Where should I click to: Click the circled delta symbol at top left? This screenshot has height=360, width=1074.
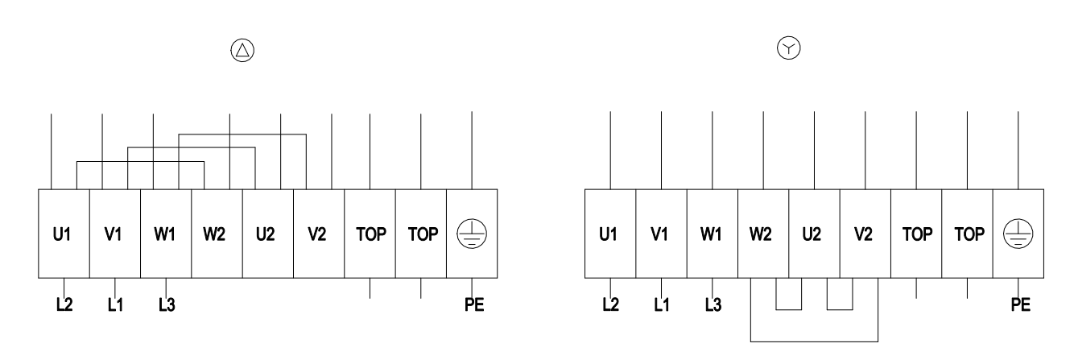click(x=242, y=50)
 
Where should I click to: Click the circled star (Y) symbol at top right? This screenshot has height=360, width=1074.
click(x=789, y=48)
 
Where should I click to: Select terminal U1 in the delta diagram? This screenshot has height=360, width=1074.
click(x=64, y=234)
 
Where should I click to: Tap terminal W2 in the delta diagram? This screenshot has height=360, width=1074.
click(x=217, y=234)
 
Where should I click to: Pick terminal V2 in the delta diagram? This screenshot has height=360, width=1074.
click(x=319, y=234)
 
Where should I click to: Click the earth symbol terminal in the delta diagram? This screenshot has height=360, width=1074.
click(x=472, y=234)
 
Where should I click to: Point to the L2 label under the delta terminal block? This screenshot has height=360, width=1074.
click(x=64, y=304)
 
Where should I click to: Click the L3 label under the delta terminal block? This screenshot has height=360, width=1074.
click(x=167, y=304)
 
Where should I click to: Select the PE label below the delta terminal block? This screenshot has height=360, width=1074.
click(x=474, y=304)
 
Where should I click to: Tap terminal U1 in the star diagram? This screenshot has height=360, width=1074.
click(x=610, y=234)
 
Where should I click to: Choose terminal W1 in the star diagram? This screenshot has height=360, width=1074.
click(x=713, y=234)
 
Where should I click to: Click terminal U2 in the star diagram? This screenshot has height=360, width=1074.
click(x=814, y=234)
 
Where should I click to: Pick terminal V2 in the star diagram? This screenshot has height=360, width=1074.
click(x=865, y=234)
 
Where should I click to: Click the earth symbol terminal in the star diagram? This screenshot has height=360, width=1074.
click(x=1018, y=234)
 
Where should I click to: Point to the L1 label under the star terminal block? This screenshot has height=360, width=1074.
click(x=662, y=304)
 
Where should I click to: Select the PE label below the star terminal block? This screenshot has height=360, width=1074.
click(x=1021, y=304)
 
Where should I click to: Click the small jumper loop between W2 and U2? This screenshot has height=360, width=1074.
click(x=789, y=310)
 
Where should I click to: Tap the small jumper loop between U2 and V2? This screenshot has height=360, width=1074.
click(x=840, y=310)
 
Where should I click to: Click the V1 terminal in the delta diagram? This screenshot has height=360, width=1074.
click(x=115, y=234)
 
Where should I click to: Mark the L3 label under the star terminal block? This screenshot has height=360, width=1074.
click(x=713, y=304)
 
